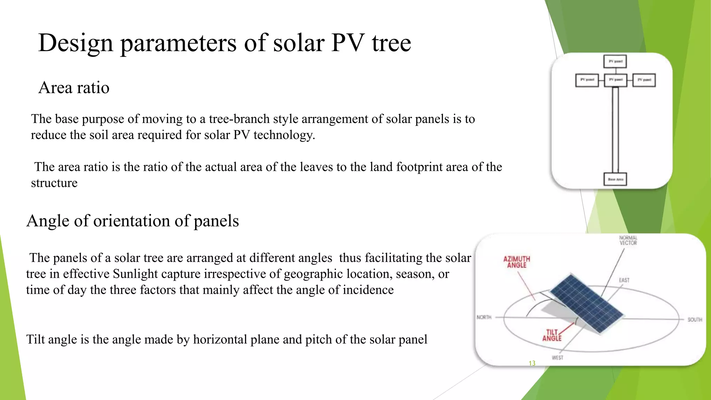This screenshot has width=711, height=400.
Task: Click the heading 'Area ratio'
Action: coord(74,87)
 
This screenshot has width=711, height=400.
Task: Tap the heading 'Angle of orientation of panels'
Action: coord(133,221)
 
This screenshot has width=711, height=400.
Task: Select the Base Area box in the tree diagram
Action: coord(615,179)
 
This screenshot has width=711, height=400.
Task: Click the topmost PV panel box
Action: coord(615,61)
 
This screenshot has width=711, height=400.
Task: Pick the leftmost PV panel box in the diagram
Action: coord(587,80)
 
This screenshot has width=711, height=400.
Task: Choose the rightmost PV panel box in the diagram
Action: coord(644,80)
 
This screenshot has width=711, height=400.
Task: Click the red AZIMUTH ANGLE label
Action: coord(517,262)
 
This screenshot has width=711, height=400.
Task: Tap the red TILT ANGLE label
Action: coord(552,335)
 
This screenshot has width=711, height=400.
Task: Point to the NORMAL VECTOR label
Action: coord(628,240)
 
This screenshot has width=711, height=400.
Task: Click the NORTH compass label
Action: coord(484,317)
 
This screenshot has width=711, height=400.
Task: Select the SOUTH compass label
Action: coord(695,319)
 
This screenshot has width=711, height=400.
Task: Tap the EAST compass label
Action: coord(624,280)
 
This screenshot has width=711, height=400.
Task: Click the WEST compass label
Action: coord(557,358)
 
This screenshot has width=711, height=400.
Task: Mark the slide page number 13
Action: coord(532,363)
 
